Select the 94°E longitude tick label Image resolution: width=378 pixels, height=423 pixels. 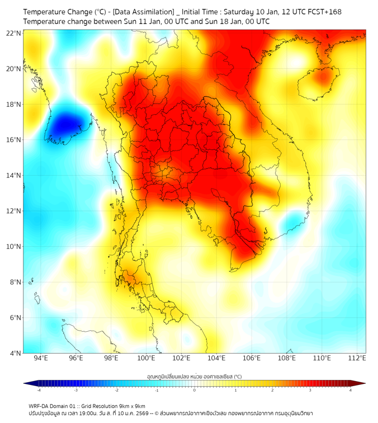40,358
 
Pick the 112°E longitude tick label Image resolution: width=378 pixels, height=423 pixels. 357,358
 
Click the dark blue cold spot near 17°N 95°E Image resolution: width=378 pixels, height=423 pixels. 63,122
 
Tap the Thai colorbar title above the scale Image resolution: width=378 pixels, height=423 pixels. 194,377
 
